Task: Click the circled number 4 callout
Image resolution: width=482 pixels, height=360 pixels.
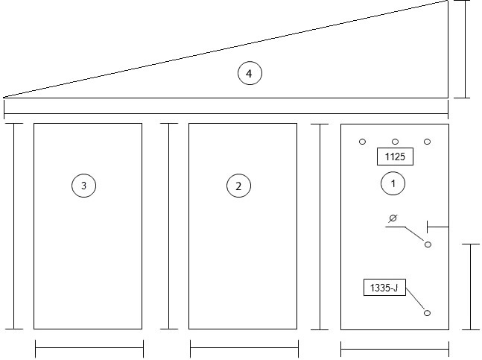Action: [x=250, y=74]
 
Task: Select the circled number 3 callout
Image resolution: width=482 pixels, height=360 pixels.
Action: [x=83, y=186]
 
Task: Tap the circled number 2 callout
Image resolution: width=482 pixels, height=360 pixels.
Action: [x=238, y=186]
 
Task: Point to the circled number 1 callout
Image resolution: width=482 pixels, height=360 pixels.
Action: [x=393, y=183]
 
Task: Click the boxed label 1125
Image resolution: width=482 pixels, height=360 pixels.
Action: [x=395, y=157]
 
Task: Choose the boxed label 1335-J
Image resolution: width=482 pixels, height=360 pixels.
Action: [x=384, y=288]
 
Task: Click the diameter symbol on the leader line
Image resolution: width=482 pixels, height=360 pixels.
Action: [x=393, y=218]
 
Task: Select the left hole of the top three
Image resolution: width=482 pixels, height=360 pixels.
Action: [x=362, y=142]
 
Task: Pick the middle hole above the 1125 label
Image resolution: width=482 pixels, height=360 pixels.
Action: [x=395, y=142]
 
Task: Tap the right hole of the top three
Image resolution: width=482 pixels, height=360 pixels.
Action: [x=427, y=142]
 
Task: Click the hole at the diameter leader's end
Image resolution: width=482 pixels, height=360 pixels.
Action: [x=428, y=244]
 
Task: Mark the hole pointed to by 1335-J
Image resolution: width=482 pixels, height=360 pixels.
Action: [x=427, y=313]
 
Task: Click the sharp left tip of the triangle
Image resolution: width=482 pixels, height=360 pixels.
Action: [x=4, y=98]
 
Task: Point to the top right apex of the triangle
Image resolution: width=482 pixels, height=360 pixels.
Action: [x=448, y=1]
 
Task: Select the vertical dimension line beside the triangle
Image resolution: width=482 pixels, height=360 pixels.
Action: [x=465, y=49]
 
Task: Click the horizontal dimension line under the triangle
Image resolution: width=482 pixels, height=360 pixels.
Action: [x=226, y=113]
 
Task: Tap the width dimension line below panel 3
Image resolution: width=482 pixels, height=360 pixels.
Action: [x=89, y=348]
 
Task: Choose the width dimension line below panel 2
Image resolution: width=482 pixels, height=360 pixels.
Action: [x=244, y=348]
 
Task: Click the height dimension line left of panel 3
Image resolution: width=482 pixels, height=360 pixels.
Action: [x=14, y=227]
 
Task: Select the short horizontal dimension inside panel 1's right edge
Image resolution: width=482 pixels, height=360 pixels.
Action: [x=438, y=227]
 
